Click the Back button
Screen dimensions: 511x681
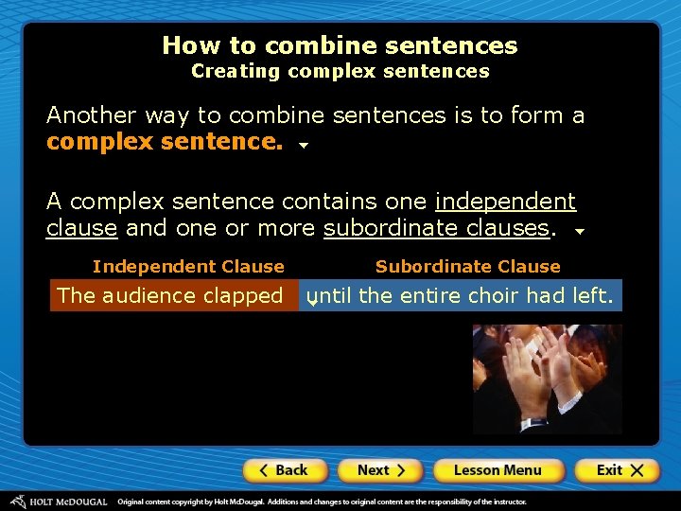tap(285, 470)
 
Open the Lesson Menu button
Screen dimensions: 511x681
tap(498, 470)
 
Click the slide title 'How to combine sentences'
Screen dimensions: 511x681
tap(340, 45)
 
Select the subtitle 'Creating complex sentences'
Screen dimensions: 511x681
tap(340, 71)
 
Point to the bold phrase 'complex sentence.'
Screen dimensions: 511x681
tap(165, 142)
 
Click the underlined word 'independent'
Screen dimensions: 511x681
tap(505, 202)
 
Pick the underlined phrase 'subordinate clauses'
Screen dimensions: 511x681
tap(436, 228)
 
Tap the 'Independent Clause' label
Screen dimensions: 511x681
tap(188, 267)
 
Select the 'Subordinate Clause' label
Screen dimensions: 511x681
tap(467, 267)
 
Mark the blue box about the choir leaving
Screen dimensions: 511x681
tap(461, 296)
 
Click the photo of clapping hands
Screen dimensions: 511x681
tap(547, 379)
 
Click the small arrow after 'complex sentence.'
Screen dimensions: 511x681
tap(304, 147)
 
